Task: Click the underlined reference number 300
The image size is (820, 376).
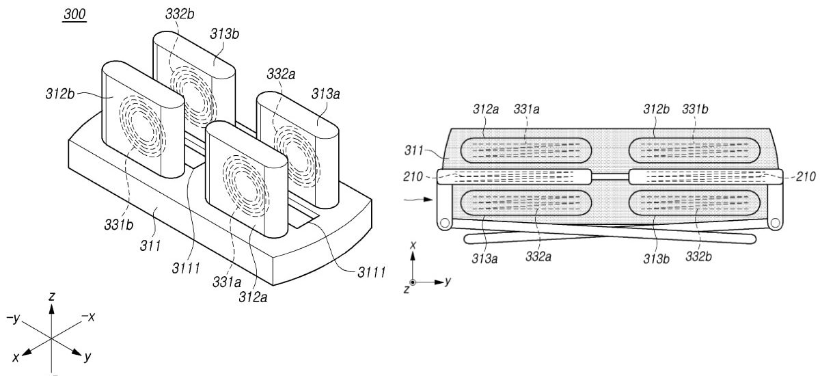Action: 74,14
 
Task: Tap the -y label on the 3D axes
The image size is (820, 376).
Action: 13,318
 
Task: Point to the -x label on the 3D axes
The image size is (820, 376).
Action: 88,317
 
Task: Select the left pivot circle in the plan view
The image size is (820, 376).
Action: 445,223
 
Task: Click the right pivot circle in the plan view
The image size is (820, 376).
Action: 775,223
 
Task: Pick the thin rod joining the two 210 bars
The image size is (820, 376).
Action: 610,177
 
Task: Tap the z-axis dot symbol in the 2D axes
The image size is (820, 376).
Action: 413,282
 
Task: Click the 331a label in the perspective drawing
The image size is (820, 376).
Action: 227,282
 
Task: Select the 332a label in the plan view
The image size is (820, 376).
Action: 538,256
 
